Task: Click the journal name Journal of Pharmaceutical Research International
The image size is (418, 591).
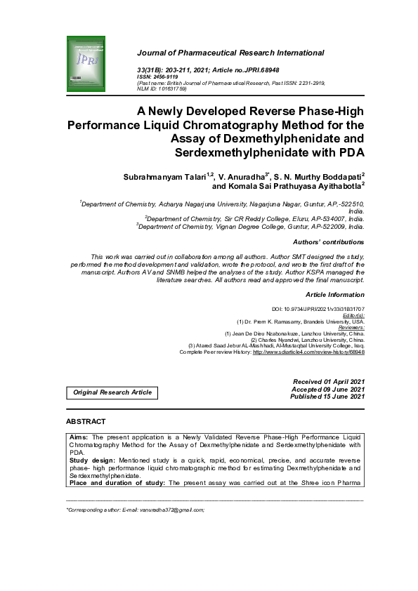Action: [x=230, y=53]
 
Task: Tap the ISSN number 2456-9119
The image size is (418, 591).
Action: [x=167, y=77]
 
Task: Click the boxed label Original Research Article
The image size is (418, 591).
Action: [x=112, y=392]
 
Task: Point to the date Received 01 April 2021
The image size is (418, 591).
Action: [x=328, y=381]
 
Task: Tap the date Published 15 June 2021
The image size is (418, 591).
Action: [x=327, y=397]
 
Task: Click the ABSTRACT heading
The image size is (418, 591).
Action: [x=86, y=422]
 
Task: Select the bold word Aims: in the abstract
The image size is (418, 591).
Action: [x=79, y=437]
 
